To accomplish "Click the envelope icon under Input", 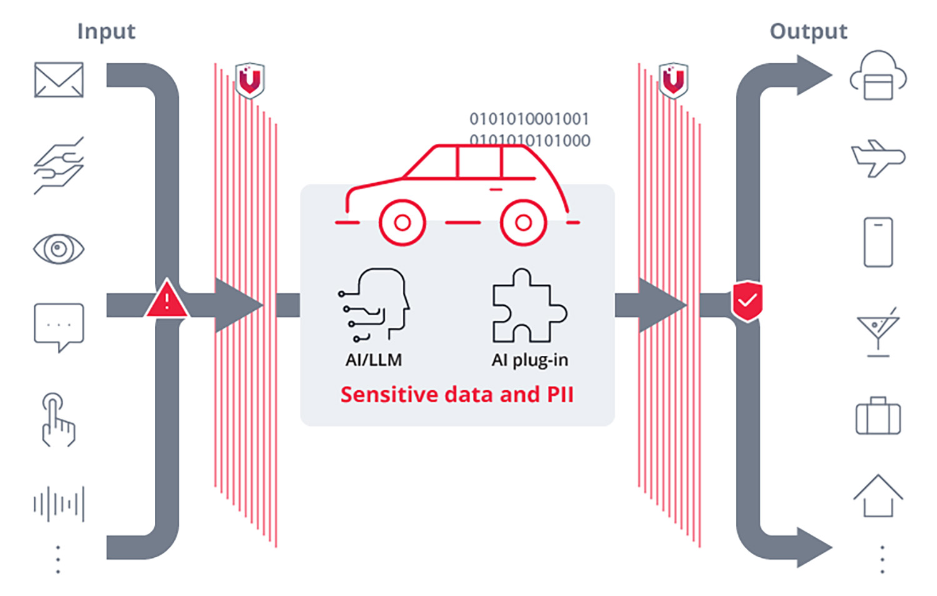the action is [x=59, y=79].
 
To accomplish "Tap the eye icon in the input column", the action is [x=59, y=249].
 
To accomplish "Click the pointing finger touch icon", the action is [x=58, y=420].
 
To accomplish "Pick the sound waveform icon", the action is [x=59, y=504].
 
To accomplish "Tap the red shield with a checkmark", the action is [x=747, y=301].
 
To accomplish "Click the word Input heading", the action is [x=106, y=31].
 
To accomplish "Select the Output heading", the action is [x=808, y=31].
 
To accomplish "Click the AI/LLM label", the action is [x=374, y=360].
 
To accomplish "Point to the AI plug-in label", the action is [x=530, y=360].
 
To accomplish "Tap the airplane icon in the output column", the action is [x=878, y=158].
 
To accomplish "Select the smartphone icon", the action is [x=878, y=242].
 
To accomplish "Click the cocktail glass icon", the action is [x=878, y=331].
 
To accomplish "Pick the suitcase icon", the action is [x=878, y=415].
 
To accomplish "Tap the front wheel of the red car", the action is [x=402, y=223].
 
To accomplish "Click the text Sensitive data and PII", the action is [x=457, y=394].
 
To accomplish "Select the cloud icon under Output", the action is [x=878, y=76].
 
